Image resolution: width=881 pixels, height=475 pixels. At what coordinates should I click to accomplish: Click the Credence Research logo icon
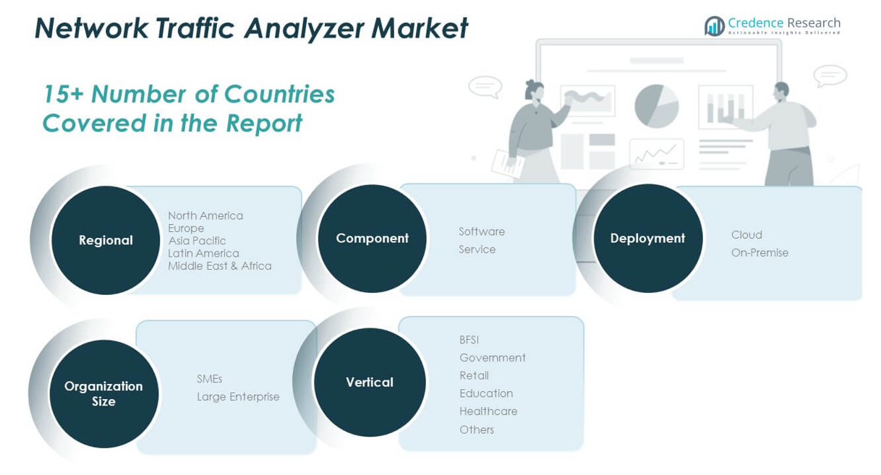pos(714,26)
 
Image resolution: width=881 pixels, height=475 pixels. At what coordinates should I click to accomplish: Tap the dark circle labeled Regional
pos(106,240)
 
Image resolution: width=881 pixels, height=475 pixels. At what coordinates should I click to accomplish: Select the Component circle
pos(372,239)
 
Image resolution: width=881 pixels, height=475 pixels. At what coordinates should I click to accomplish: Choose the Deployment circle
pos(648,239)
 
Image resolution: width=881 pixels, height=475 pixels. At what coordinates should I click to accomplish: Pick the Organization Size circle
pos(104,393)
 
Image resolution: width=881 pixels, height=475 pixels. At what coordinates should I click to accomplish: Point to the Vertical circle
pos(370,382)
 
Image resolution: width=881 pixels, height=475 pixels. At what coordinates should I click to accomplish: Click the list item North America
pos(205,215)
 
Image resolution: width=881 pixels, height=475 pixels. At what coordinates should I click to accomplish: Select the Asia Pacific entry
pos(197,241)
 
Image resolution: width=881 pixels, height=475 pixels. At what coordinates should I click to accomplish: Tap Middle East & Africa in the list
pos(219,266)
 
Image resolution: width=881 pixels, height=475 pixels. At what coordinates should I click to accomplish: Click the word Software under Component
pos(482,231)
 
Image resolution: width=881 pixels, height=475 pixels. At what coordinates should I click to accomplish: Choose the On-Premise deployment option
pos(759,252)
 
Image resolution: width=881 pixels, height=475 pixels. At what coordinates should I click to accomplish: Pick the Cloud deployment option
pos(746,235)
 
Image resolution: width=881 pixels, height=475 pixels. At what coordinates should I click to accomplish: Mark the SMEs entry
pos(209,379)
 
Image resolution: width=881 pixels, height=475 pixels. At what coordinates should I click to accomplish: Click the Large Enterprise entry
pos(238,397)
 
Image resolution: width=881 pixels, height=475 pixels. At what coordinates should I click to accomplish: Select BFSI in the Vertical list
pos(469,340)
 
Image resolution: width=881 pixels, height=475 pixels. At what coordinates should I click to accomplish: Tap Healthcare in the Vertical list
pos(488,411)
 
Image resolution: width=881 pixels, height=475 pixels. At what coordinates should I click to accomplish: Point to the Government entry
pos(493,357)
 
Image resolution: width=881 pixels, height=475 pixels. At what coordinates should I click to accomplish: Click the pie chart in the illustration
pos(657,106)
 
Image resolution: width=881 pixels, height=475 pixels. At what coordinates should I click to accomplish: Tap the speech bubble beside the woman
pos(485,87)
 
